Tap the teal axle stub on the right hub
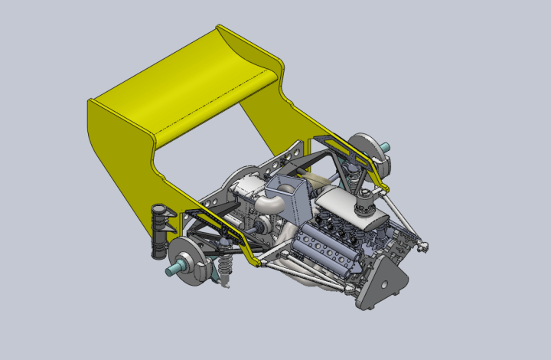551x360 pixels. pos(385,147)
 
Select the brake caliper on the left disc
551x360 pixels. pos(201,268)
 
